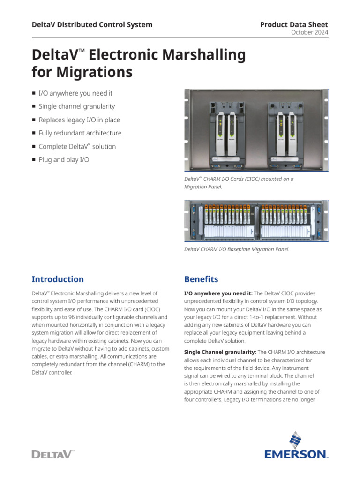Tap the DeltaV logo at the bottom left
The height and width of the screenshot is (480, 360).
pyautogui.click(x=53, y=454)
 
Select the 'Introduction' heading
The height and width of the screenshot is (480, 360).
pyautogui.click(x=58, y=279)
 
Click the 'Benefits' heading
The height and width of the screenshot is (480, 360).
pyautogui.click(x=201, y=279)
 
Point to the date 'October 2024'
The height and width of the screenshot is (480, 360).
pyautogui.click(x=310, y=32)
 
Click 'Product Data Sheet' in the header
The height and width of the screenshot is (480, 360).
pyautogui.click(x=294, y=24)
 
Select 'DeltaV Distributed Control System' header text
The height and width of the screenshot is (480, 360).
pyautogui.click(x=92, y=24)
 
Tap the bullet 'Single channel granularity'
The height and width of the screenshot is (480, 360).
pyautogui.click(x=76, y=106)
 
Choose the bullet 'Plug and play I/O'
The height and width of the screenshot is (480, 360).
pyautogui.click(x=64, y=160)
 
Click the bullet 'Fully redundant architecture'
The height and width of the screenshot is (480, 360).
pyautogui.click(x=80, y=133)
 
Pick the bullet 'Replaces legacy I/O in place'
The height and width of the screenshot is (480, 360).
pyautogui.click(x=79, y=120)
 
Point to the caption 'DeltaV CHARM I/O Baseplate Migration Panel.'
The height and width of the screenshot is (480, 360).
pyautogui.click(x=237, y=249)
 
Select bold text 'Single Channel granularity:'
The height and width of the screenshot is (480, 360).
pyautogui.click(x=220, y=352)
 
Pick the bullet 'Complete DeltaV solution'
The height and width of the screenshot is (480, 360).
pyautogui.click(x=77, y=147)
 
